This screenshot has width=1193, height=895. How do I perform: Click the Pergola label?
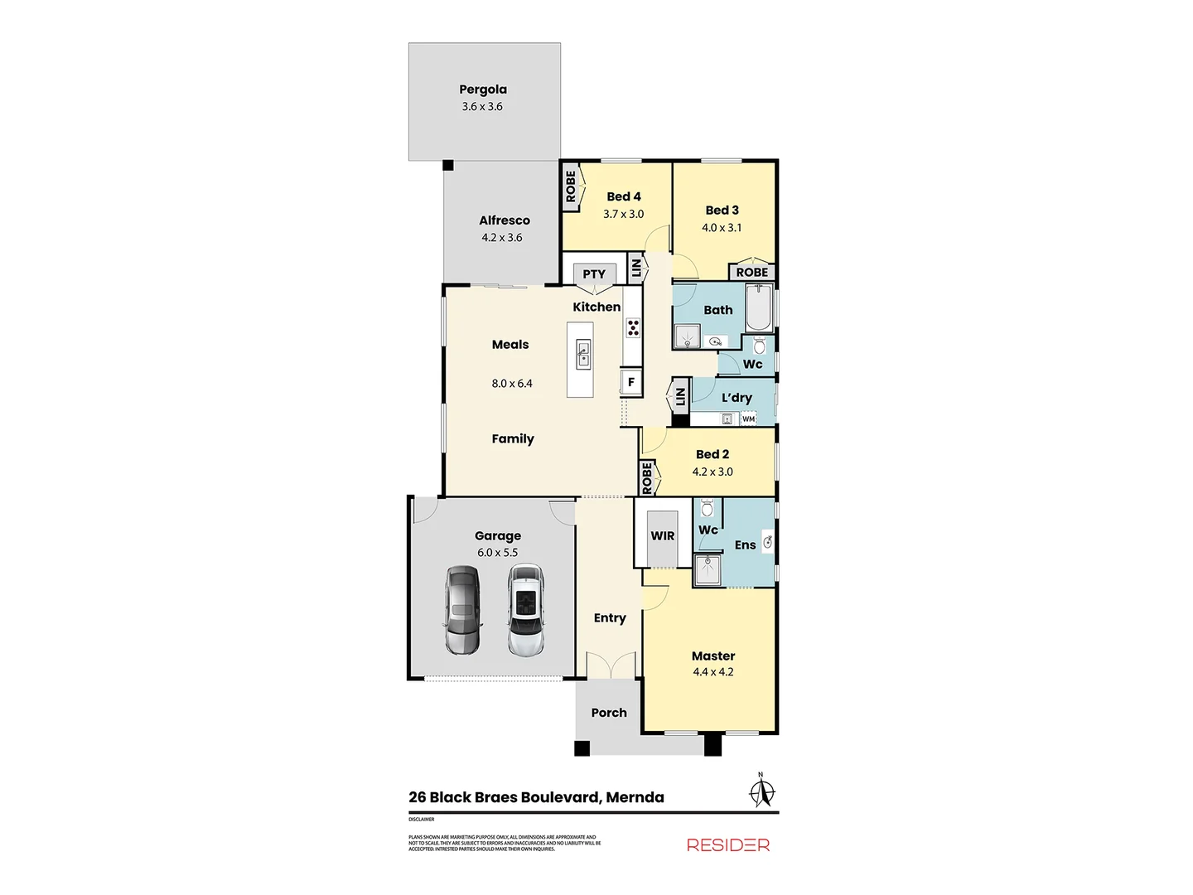click(483, 89)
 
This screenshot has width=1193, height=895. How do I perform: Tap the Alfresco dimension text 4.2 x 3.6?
click(502, 238)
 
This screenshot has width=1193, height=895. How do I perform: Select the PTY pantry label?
click(594, 274)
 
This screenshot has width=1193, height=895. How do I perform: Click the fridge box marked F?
click(631, 382)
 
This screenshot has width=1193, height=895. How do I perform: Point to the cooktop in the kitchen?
click(633, 327)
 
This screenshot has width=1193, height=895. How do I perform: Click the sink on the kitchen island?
click(583, 354)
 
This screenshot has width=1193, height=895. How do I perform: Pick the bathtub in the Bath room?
click(759, 309)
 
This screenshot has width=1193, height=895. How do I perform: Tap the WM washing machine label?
click(749, 419)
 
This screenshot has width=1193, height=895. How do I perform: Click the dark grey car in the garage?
click(462, 610)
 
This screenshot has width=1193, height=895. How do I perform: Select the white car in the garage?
click(525, 610)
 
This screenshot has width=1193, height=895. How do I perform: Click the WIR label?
click(663, 536)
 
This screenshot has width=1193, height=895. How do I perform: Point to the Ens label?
click(745, 545)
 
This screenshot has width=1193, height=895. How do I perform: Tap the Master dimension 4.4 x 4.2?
click(713, 672)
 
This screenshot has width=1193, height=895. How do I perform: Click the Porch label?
click(609, 713)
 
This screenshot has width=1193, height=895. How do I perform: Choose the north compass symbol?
click(761, 791)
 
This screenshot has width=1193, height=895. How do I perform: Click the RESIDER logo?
click(728, 845)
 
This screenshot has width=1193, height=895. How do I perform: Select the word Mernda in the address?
click(635, 797)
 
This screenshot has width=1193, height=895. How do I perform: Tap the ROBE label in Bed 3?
click(752, 273)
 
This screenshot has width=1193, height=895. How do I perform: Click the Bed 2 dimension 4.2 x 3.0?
click(712, 472)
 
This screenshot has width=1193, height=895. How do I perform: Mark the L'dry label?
click(737, 398)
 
